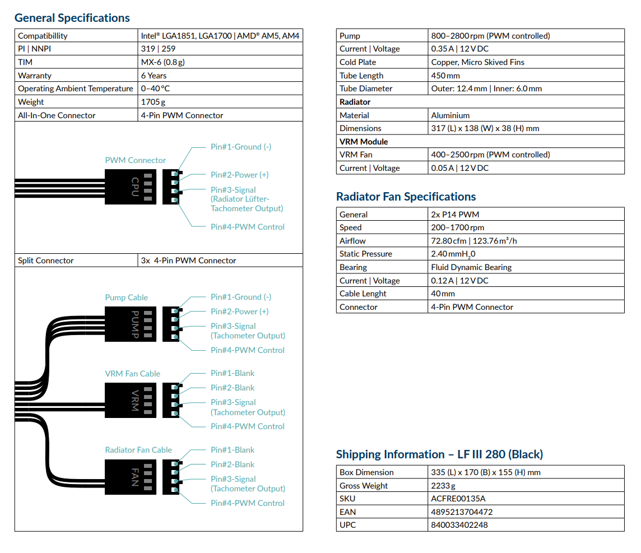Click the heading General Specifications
tap(72, 18)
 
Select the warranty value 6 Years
tap(154, 76)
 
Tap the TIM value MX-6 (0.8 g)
tap(162, 62)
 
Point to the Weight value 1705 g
tap(154, 102)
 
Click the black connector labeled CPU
tap(131, 187)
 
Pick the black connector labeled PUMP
tap(131, 324)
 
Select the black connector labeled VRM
tap(131, 400)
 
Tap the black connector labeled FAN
tap(131, 477)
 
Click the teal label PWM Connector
tap(135, 160)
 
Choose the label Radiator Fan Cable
tap(138, 450)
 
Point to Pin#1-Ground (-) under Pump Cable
tap(241, 297)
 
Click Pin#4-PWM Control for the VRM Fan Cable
tap(247, 426)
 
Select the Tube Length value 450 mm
tap(445, 76)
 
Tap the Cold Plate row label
tap(357, 62)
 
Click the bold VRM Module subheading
tap(364, 142)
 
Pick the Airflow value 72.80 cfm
tap(448, 241)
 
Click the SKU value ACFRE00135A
tap(458, 499)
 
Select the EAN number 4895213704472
tap(462, 512)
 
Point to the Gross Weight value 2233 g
tap(443, 486)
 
